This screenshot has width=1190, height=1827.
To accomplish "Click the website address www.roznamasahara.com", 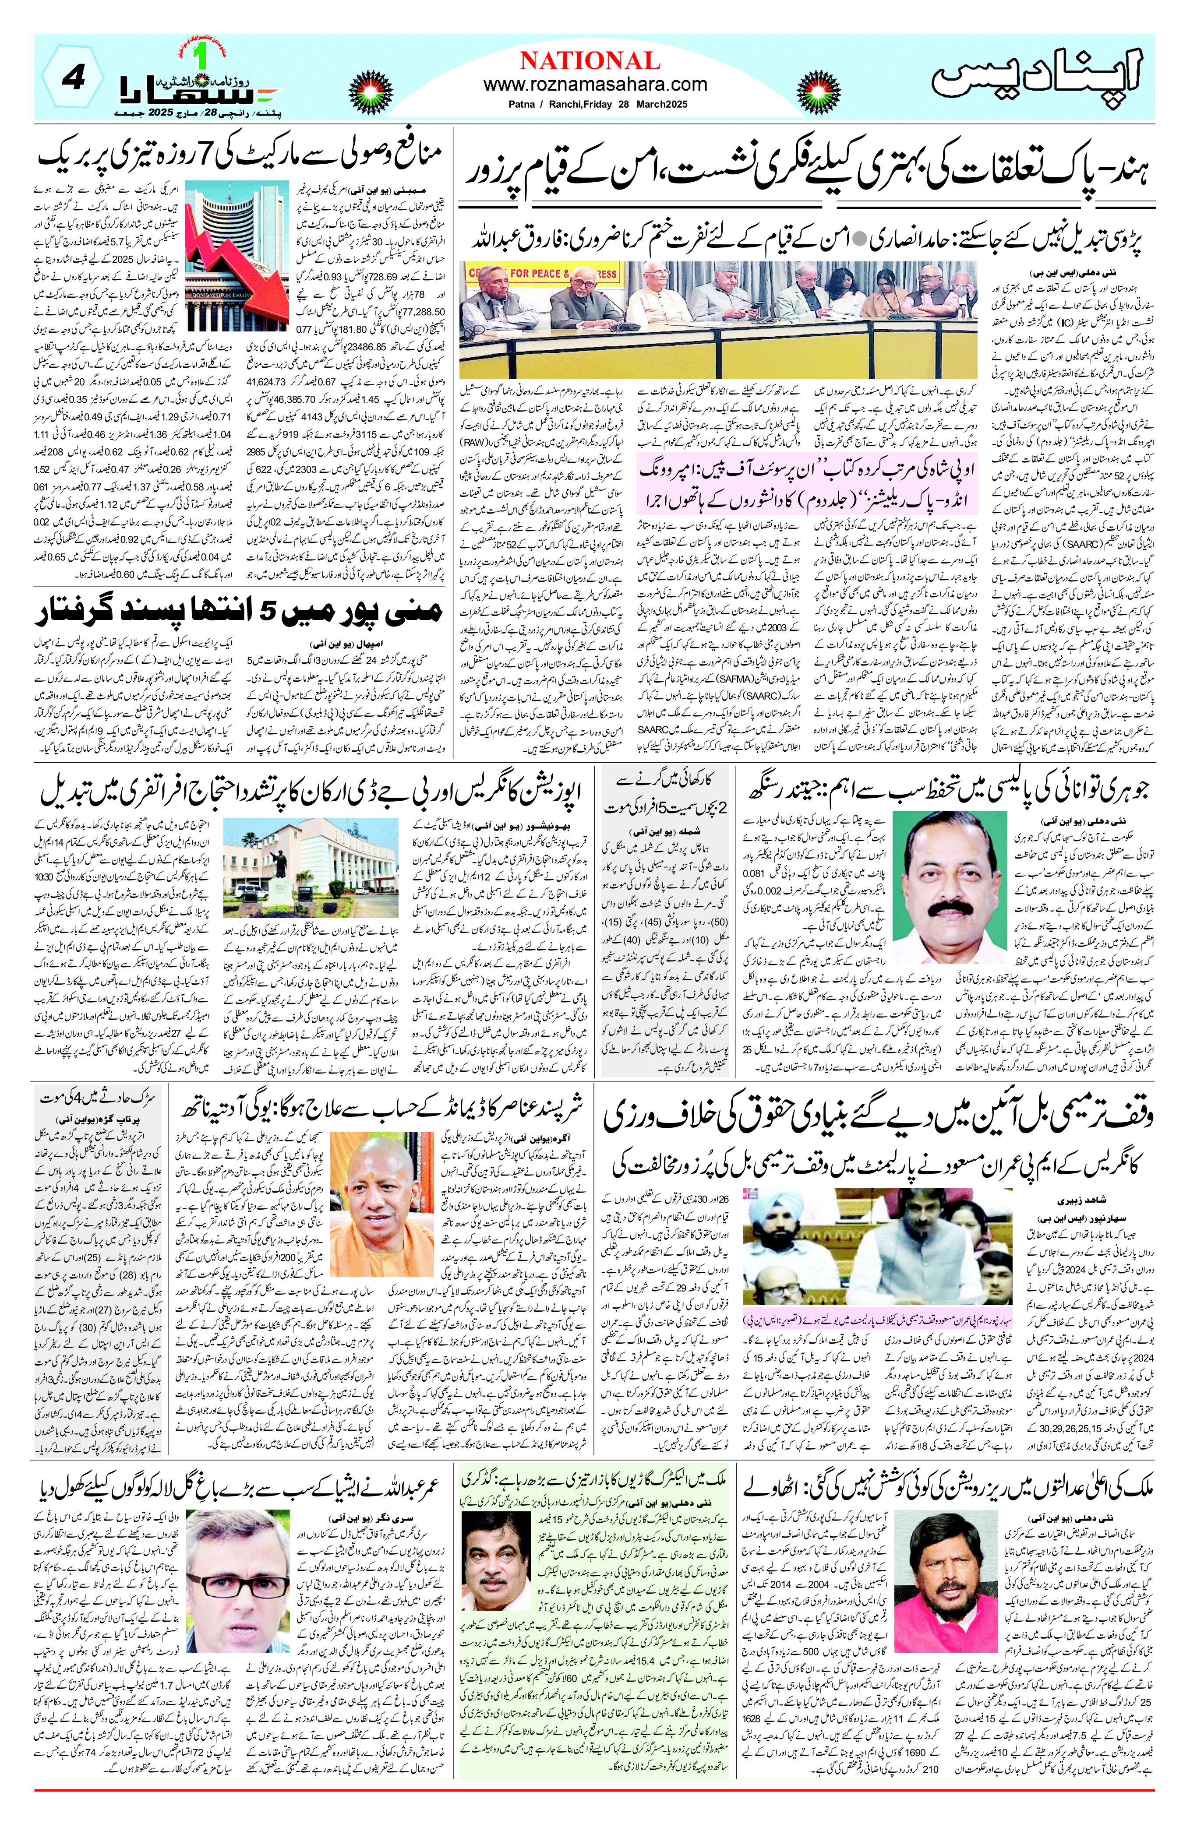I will coord(595,84).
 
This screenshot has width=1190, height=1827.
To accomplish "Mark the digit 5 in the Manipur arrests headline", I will coord(265,612).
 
